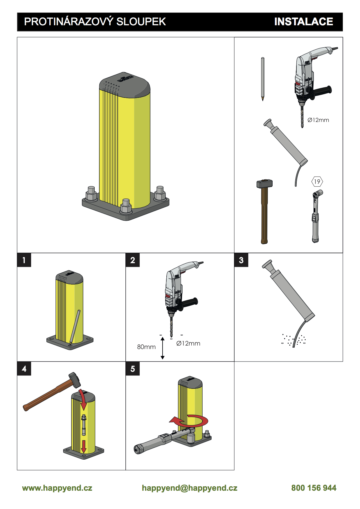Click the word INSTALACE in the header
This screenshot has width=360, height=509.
303,22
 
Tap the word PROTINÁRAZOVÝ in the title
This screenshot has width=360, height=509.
69,21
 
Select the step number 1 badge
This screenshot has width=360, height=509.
24,260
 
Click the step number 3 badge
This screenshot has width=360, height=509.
241,260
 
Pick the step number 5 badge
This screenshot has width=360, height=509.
133,369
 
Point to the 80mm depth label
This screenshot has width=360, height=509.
146,347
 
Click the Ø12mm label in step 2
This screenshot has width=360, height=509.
188,343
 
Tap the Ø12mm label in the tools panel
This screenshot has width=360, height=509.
318,120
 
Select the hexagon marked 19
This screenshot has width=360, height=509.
317,182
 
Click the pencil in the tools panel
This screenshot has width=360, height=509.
263,79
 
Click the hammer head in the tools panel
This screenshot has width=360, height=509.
264,184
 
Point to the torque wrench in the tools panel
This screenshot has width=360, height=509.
316,216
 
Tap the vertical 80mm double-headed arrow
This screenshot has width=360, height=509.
163,348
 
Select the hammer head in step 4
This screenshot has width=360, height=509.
75,379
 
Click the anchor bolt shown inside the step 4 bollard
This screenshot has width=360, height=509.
84,425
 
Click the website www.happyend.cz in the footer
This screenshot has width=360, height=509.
57,488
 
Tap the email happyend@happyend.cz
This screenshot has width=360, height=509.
190,488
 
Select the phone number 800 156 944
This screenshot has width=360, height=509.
314,488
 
